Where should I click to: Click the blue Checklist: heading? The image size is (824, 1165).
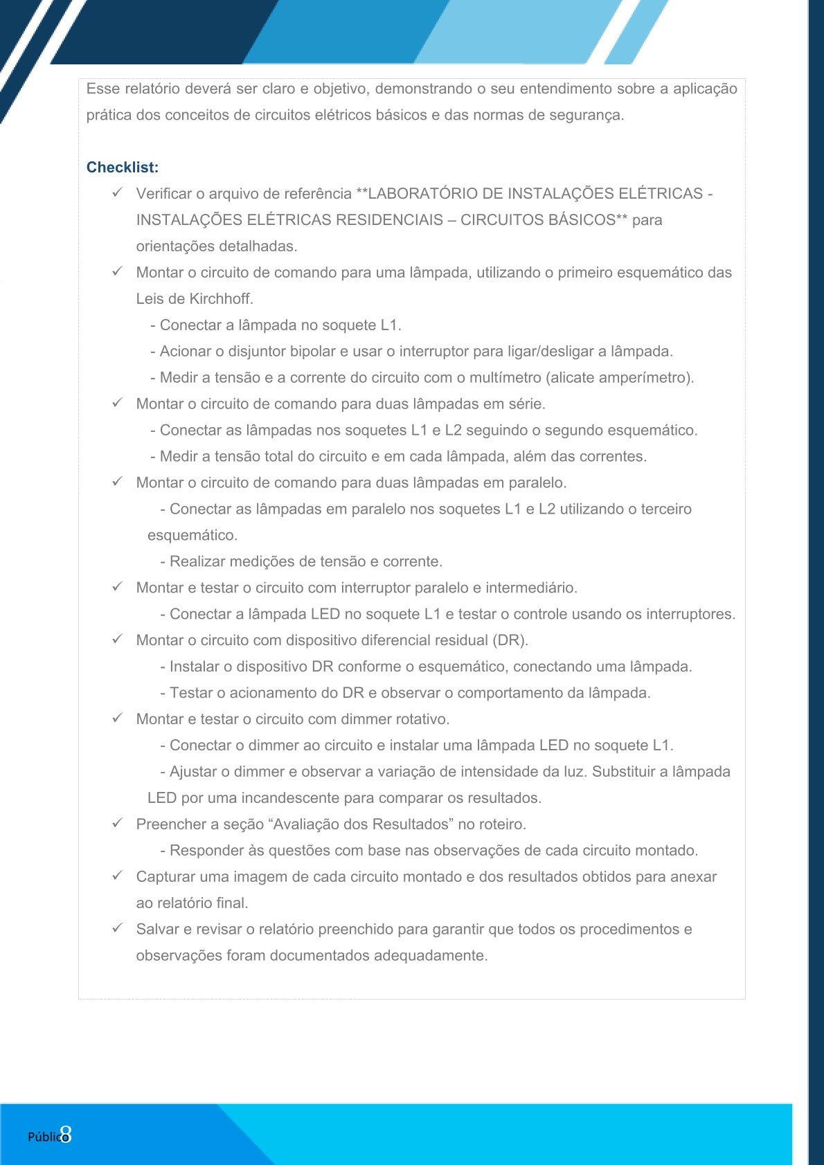click(123, 168)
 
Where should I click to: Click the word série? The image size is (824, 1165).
click(528, 404)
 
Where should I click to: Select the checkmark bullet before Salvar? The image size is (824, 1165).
click(118, 929)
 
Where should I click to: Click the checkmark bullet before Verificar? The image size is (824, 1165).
click(118, 193)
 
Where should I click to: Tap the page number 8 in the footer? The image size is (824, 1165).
click(66, 1135)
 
